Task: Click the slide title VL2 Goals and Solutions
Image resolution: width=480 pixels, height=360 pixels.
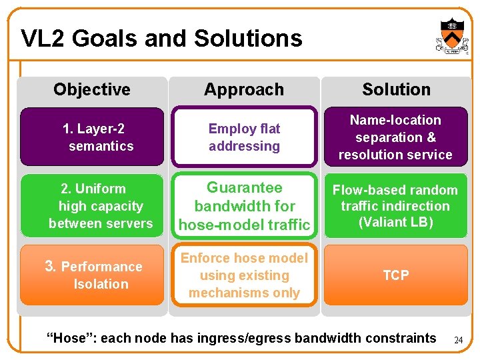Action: point(161,38)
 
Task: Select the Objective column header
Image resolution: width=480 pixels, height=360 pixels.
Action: point(92,89)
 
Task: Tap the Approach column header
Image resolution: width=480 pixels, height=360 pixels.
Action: point(244,89)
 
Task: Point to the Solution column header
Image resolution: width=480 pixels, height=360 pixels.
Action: point(396,89)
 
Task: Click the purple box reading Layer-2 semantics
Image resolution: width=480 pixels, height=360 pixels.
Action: point(92,137)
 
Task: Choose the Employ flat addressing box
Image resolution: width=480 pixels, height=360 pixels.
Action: point(244,137)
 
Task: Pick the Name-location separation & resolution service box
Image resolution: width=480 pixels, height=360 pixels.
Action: point(395,137)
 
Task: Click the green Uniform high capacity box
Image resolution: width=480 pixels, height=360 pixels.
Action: point(92,206)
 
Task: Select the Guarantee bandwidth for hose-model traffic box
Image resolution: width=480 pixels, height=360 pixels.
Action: point(244,206)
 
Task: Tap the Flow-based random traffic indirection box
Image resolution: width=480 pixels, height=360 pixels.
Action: point(395,206)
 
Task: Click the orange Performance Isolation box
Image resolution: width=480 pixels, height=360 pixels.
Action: point(92,275)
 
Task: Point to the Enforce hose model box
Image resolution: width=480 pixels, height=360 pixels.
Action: point(244,275)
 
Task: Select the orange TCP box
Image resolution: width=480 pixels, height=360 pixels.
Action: point(395,275)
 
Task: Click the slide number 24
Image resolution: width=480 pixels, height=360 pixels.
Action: point(458,340)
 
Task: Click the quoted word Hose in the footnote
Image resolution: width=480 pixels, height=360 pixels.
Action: point(66,338)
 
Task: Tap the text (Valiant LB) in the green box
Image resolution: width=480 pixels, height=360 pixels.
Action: point(395,222)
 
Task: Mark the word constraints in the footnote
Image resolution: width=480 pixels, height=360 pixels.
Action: point(403,338)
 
